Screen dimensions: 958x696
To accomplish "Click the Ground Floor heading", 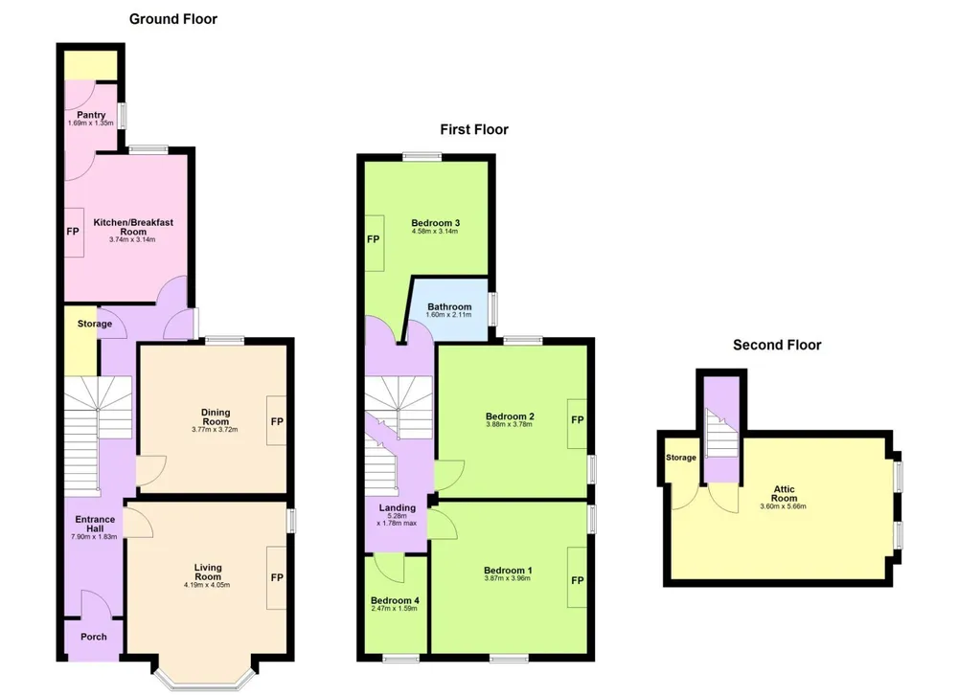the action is (172, 19).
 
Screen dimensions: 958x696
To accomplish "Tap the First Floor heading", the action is (474, 129).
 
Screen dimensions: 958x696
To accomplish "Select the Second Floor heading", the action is (777, 345).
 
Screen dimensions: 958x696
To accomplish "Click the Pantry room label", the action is (91, 115).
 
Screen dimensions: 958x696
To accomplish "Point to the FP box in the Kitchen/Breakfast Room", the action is (74, 232).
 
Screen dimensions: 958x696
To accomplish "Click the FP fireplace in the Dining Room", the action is (276, 421).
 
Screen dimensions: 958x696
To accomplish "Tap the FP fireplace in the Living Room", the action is (276, 577).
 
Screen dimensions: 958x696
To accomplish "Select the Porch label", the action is (94, 637).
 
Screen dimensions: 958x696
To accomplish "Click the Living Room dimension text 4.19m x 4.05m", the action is (207, 585).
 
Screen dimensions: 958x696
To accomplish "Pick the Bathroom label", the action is (449, 306).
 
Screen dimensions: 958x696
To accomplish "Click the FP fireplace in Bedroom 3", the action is (374, 239).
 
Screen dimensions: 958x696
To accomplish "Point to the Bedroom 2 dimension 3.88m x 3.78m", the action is (509, 424).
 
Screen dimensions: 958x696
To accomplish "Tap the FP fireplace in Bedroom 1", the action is (578, 580).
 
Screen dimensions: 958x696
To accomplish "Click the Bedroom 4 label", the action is (395, 600).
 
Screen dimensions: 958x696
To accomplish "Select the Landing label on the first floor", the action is (398, 507).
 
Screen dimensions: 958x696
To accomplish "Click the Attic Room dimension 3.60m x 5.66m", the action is (784, 506).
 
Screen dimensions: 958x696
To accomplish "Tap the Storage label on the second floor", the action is (680, 458).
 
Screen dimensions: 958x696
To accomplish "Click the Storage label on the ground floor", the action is (95, 324).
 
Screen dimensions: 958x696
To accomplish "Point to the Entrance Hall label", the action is (95, 524).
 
